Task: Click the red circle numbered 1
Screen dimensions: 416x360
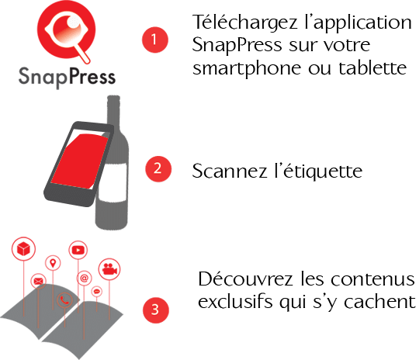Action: coord(155,40)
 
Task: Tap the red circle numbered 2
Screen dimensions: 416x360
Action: coord(158,168)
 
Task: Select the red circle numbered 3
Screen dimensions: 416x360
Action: coord(156,310)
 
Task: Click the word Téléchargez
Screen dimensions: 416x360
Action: coord(245,23)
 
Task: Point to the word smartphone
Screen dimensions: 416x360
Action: coord(247,69)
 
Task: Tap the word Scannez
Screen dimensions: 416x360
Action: coord(230,171)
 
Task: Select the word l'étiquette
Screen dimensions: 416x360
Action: coord(318,171)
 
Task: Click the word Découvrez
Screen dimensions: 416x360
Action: coord(245,279)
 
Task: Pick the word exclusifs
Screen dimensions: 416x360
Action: coord(235,302)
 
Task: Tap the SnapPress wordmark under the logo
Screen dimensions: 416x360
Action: coord(67,77)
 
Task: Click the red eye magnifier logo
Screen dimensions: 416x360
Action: coord(66,31)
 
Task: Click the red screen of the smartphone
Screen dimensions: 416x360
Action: coord(80,161)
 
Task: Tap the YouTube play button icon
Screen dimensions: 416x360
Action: coord(78,250)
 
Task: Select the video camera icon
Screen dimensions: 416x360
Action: coord(109,269)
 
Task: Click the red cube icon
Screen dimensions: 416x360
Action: coord(23,249)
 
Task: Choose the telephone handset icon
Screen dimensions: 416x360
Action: coord(64,300)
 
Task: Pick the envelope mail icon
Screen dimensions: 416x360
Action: coord(39,281)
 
